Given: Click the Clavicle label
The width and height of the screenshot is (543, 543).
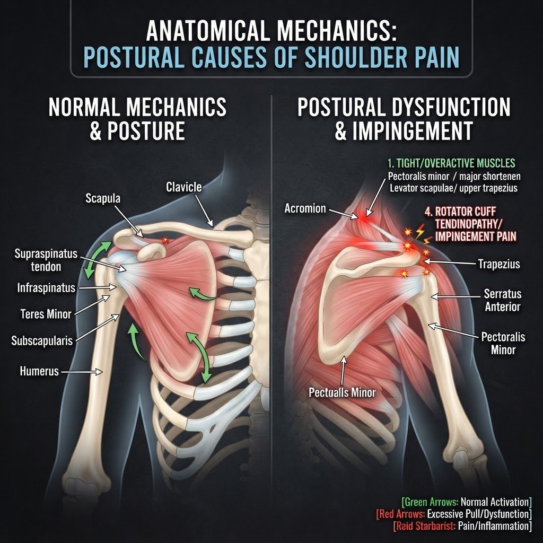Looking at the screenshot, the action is [184, 187].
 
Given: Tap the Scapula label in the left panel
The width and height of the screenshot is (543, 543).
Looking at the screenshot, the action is [103, 198].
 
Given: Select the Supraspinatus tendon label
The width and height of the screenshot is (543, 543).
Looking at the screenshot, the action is [46, 260].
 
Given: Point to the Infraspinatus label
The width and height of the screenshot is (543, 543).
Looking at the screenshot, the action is [46, 288].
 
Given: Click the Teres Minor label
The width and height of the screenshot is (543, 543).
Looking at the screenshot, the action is [46, 314].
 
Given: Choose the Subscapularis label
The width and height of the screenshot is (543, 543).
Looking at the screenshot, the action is [42, 341].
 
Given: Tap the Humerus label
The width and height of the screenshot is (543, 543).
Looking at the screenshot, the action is [39, 371].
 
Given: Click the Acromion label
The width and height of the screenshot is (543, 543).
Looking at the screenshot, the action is [305, 208].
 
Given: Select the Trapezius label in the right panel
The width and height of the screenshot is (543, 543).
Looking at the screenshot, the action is [499, 264].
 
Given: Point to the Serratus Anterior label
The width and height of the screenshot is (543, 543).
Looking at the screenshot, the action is [503, 300].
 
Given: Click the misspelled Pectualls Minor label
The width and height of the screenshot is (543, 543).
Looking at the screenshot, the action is [342, 392].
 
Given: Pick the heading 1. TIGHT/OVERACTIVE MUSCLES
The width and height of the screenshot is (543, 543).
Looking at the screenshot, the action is [451, 163].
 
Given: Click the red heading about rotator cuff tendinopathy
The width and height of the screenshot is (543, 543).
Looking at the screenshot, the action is [470, 224].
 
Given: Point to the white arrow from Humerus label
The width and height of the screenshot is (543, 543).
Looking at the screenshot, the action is [82, 372].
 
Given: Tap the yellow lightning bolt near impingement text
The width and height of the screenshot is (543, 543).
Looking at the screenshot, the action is [420, 231].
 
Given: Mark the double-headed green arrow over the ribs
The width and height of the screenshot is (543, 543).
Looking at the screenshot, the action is [199, 357].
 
